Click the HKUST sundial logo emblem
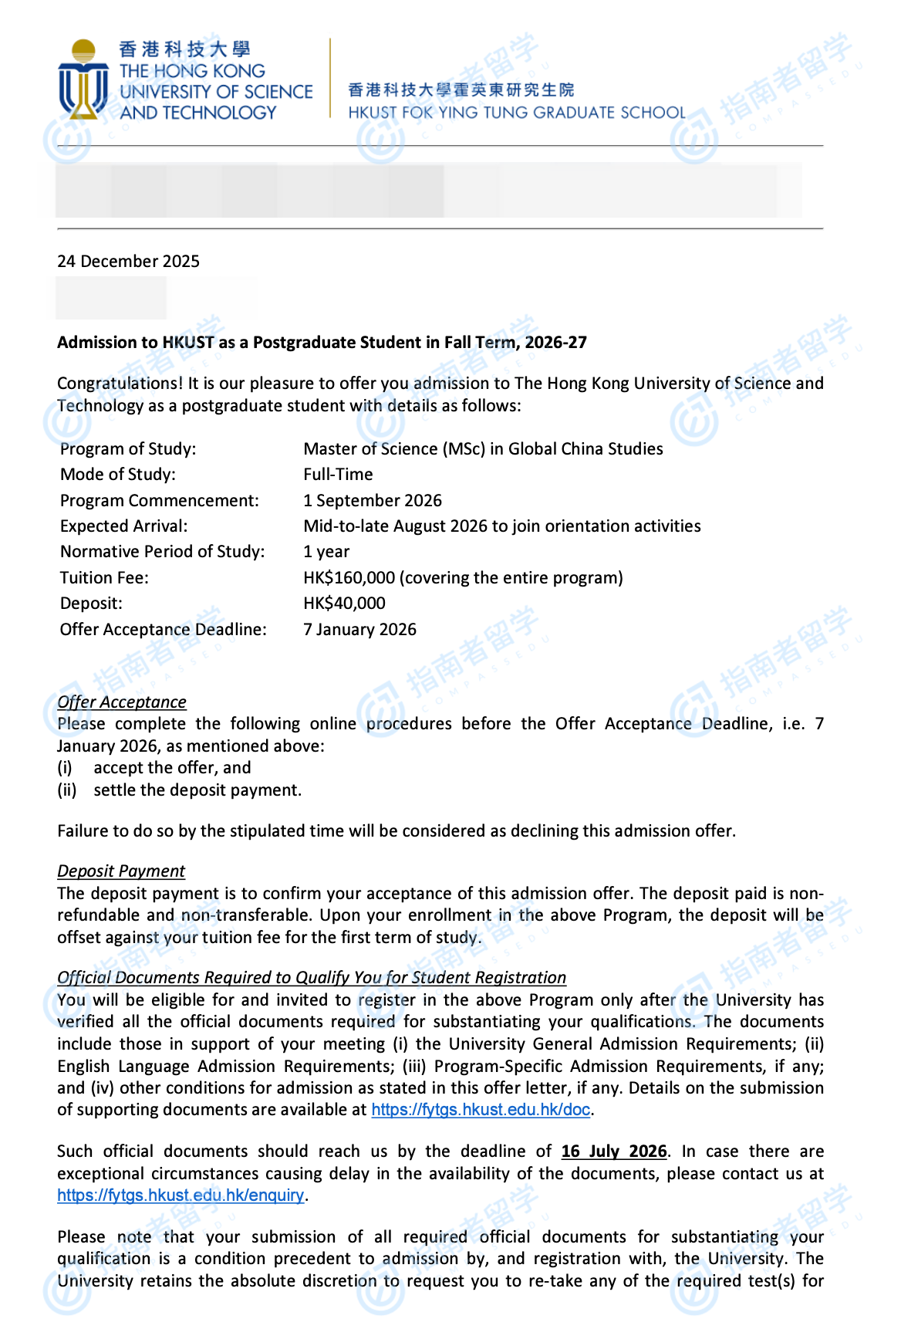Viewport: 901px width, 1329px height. point(83,79)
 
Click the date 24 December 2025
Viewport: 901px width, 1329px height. point(128,262)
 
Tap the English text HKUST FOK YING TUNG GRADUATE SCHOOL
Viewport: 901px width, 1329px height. point(516,113)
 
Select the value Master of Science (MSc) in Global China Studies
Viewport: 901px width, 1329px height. point(483,449)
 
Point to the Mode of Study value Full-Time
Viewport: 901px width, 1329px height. point(338,475)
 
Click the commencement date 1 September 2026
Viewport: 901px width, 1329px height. point(373,501)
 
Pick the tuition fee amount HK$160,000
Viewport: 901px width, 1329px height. point(349,578)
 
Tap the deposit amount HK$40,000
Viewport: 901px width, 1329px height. point(344,604)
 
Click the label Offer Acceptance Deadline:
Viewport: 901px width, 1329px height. point(164,630)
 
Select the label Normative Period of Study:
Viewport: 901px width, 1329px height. point(162,552)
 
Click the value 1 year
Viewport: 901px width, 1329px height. point(326,552)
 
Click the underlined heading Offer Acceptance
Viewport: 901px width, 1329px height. point(122,702)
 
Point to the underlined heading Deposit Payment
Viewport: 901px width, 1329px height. point(121,871)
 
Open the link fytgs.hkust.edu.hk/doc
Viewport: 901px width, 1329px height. point(481,1110)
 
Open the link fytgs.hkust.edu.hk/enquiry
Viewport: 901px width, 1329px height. point(181,1195)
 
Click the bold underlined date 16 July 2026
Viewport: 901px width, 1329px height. point(613,1151)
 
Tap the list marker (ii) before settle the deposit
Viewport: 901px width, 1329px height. point(67,790)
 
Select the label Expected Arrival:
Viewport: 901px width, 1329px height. point(123,526)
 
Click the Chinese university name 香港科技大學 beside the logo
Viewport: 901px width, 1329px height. point(184,50)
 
